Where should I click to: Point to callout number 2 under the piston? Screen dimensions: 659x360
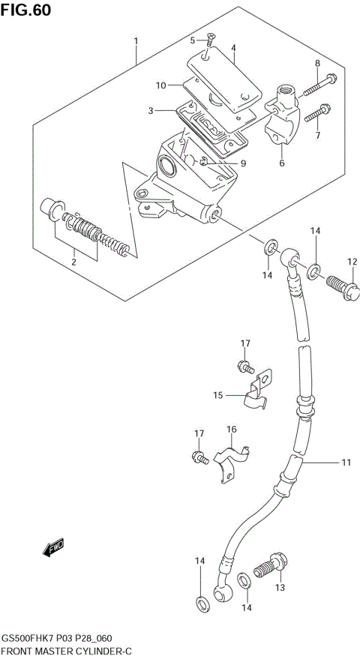point(73,262)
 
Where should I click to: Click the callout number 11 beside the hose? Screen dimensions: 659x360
point(346,463)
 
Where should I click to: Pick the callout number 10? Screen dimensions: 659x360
point(160,85)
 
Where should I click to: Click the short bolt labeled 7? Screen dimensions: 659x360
point(316,112)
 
